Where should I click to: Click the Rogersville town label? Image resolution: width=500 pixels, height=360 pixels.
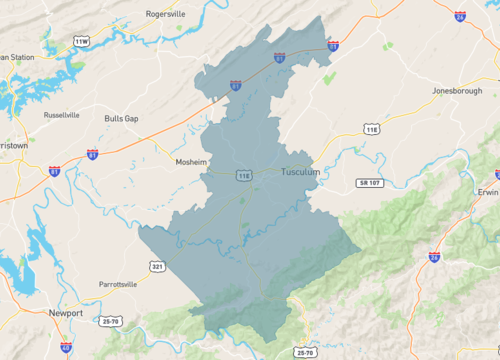(x=166, y=15)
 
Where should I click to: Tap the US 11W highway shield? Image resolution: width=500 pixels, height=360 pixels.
(x=81, y=41)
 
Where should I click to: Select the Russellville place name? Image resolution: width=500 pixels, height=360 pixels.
(x=62, y=115)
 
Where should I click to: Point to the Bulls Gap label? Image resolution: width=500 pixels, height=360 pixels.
(x=121, y=118)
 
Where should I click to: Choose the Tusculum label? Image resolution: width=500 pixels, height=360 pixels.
(x=300, y=171)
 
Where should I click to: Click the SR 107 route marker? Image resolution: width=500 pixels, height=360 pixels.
(x=370, y=182)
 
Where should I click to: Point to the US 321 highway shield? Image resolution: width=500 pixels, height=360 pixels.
(x=159, y=266)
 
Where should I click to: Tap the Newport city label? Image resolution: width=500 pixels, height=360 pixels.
(x=65, y=313)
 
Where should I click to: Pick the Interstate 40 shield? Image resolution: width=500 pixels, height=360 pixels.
(x=65, y=347)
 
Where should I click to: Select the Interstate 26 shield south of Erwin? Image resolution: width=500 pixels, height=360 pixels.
(x=434, y=257)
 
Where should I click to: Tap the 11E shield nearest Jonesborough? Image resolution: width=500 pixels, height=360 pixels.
(x=372, y=129)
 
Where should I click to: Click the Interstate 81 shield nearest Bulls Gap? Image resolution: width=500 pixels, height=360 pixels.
(x=93, y=154)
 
